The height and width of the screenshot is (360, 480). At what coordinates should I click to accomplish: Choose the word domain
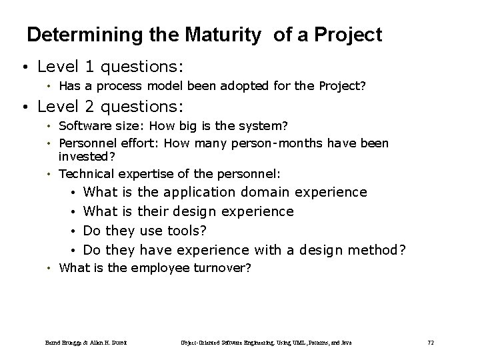[265, 193]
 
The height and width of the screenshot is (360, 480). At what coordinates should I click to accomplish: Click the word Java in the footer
[345, 343]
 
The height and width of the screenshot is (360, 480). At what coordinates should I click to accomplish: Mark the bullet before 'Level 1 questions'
[24, 68]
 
